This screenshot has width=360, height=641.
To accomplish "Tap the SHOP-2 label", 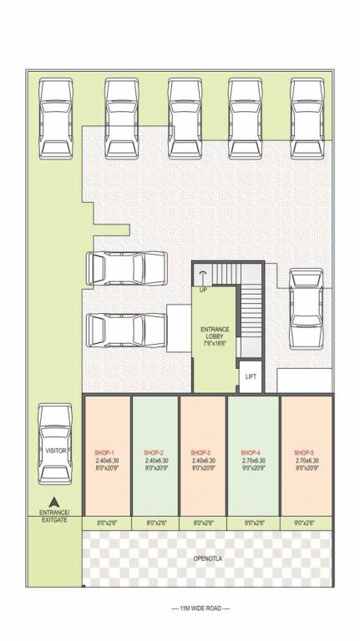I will [153, 452].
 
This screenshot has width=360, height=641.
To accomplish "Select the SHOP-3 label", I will [200, 452].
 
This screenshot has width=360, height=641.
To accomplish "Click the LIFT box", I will [251, 376].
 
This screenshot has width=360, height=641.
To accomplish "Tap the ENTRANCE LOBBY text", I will [215, 336].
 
